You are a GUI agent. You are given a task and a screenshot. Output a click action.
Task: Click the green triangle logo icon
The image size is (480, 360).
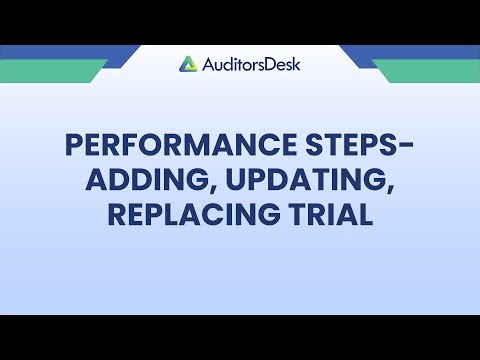click(x=188, y=64)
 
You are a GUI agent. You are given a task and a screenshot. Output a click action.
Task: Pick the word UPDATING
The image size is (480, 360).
click(x=280, y=181)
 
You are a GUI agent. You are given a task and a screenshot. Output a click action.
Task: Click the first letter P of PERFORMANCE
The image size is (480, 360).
click(x=74, y=148)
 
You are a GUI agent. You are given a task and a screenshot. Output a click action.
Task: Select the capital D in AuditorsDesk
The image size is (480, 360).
click(x=266, y=64)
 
